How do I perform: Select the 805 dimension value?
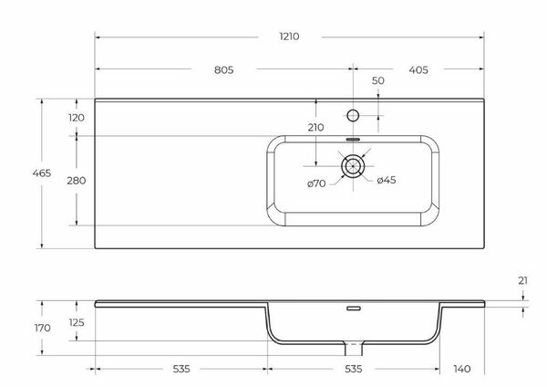coord(225,69)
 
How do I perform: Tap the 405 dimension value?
coord(419,69)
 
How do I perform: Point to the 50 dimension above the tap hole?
coord(378,82)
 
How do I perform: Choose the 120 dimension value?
coord(76,117)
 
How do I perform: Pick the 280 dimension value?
coord(76,181)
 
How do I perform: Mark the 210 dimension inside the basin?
coord(316,127)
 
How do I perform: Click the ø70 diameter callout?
coord(316,183)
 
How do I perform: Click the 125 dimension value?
coord(77,323)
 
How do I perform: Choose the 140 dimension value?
coord(462,369)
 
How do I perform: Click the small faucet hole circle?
coord(353,116)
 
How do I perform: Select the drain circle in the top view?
coord(353,166)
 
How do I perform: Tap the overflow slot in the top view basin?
coord(353,139)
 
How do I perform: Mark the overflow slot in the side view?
coord(353,307)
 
